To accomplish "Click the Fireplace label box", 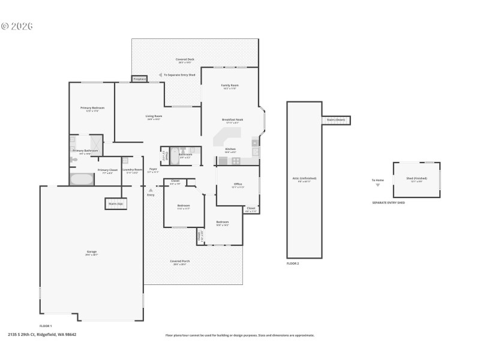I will click(140, 79).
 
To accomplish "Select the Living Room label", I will click(154, 118).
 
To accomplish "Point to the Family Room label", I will click(230, 86).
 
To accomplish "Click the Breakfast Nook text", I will click(232, 120).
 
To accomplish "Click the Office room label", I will click(238, 185).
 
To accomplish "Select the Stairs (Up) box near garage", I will click(116, 204).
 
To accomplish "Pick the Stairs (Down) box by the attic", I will click(336, 120).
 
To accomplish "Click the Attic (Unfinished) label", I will click(304, 179).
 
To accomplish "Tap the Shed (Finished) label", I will click(416, 179).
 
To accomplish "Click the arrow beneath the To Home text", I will click(377, 185).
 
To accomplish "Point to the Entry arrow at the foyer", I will click(151, 190).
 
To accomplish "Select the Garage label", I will click(92, 252).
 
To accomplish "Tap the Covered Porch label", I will click(178, 262).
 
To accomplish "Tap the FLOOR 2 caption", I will click(293, 263).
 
